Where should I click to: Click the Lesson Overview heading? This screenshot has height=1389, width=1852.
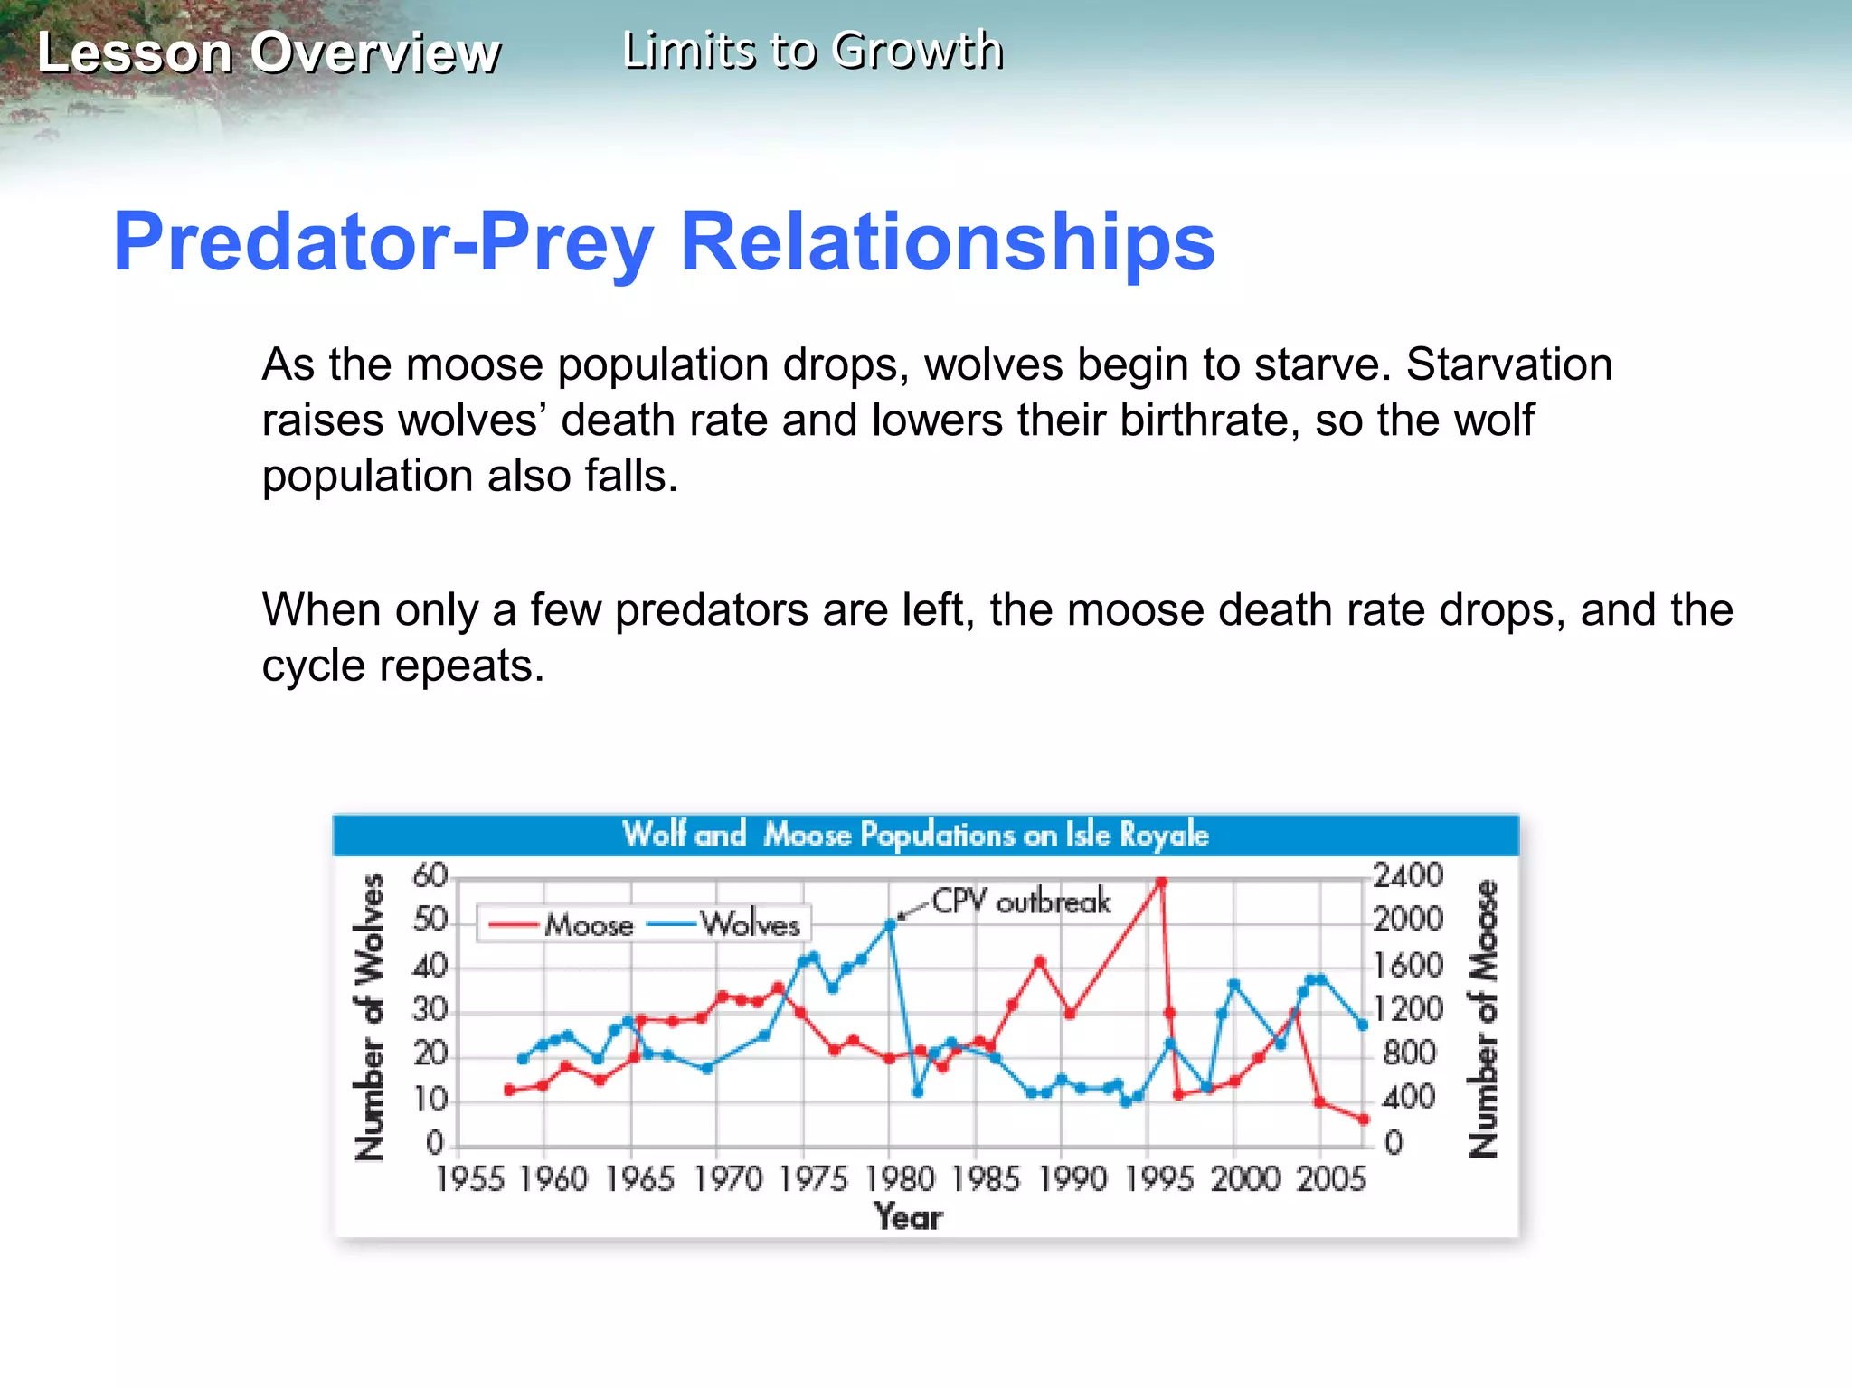(269, 52)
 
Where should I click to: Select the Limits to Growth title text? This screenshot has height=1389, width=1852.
(813, 51)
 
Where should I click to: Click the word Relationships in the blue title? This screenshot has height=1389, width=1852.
(947, 241)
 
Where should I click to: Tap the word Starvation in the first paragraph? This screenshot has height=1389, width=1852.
(1508, 364)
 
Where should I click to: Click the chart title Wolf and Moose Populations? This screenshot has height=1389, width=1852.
(915, 835)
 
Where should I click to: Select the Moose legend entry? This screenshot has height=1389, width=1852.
(588, 925)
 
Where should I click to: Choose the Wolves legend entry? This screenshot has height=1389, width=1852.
(750, 924)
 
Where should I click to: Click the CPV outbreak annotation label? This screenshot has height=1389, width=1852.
(1020, 902)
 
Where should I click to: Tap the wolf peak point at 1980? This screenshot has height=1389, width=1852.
(890, 924)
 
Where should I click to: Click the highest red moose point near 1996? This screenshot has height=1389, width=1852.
(1161, 882)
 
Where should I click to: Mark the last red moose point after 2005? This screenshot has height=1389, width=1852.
(1364, 1120)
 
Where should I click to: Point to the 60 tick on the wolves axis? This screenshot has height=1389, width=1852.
(430, 875)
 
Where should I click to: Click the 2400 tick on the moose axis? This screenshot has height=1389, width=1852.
(1407, 875)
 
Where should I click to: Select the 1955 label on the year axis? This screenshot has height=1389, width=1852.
(469, 1179)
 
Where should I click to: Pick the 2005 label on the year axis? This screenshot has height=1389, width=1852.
(1330, 1179)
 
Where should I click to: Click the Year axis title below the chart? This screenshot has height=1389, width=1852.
(908, 1217)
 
